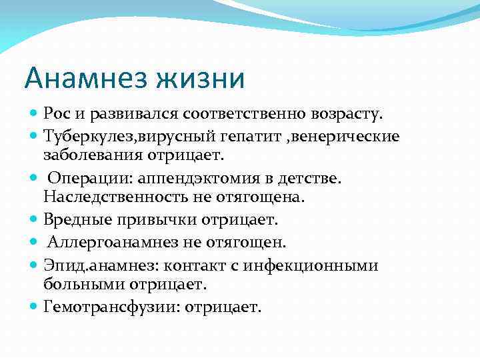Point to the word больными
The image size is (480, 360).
click(77, 283)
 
